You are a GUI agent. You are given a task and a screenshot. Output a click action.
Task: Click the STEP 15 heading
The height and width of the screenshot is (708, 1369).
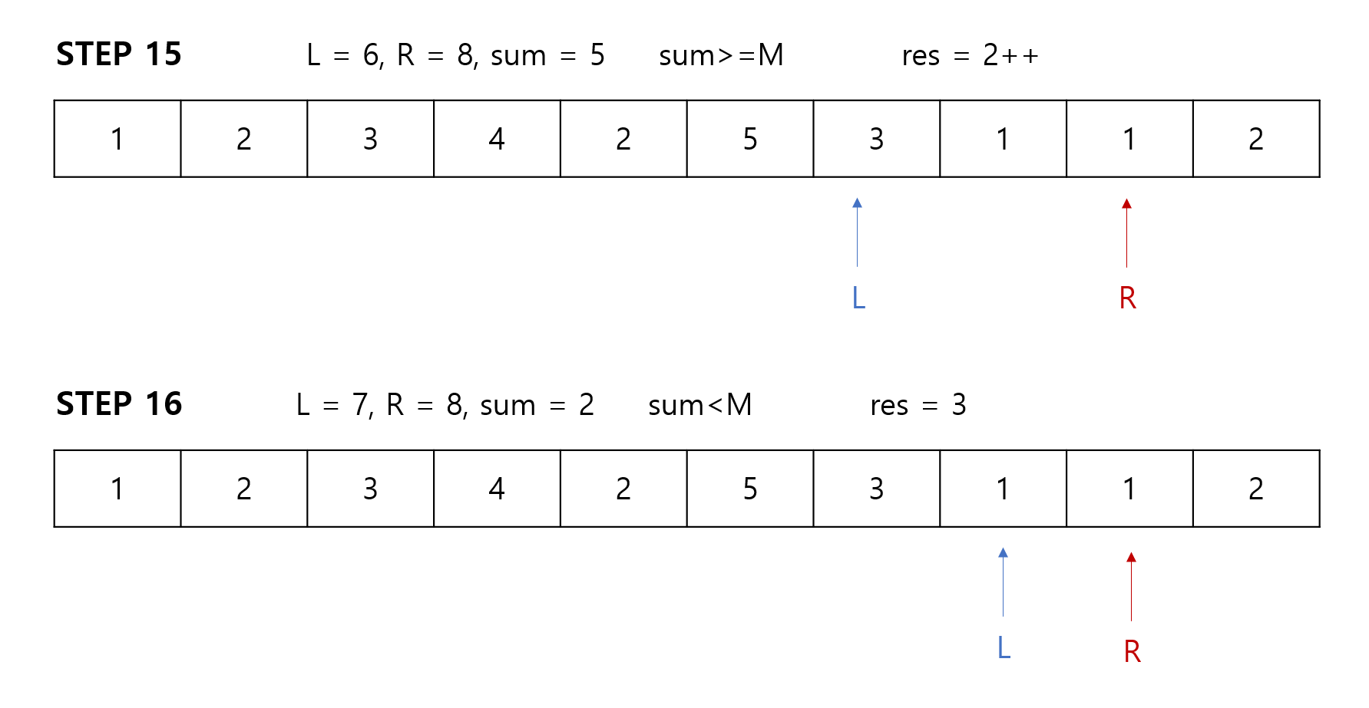(119, 54)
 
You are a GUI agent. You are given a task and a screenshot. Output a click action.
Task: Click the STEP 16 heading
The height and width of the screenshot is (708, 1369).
(119, 404)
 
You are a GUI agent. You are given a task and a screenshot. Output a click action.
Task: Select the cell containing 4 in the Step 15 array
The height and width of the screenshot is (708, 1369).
(497, 139)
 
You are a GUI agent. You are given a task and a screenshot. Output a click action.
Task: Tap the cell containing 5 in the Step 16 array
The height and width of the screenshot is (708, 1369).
(750, 489)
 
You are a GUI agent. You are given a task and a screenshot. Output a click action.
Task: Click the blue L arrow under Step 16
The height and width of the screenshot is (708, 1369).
(1003, 582)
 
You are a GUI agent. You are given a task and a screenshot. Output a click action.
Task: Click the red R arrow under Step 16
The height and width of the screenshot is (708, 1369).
(1131, 586)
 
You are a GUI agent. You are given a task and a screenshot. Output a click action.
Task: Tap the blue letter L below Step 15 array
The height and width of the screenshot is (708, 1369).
(858, 298)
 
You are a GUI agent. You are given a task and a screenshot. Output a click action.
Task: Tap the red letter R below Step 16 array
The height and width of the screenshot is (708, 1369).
(1132, 651)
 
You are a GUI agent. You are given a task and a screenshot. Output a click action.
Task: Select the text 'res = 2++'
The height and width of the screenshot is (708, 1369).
(970, 56)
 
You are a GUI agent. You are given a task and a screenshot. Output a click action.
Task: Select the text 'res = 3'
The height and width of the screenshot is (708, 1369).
(918, 405)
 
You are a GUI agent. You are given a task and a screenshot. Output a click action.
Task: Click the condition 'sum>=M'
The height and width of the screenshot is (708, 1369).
(721, 56)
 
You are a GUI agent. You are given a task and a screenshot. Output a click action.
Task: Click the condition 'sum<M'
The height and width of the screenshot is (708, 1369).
(699, 405)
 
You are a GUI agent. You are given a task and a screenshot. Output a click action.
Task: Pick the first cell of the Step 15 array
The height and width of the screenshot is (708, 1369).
(117, 139)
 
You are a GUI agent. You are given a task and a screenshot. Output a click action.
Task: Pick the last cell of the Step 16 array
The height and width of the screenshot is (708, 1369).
(1256, 489)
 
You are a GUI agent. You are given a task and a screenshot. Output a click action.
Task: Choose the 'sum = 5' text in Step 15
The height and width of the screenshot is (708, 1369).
(547, 56)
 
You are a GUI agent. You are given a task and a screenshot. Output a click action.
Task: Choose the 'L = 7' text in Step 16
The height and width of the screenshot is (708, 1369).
(332, 405)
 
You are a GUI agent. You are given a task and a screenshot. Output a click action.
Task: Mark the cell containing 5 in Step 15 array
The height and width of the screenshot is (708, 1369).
(750, 139)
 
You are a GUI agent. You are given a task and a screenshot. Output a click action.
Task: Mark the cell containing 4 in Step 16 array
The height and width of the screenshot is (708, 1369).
(497, 489)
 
